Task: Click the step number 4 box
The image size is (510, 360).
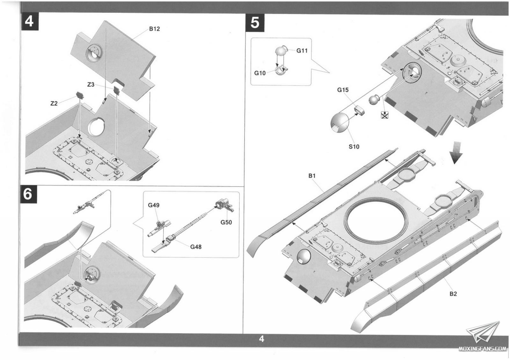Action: point(29,22)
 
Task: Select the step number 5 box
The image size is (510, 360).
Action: point(255,23)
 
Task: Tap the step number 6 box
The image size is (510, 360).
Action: point(28,194)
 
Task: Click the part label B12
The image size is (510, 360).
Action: point(154,29)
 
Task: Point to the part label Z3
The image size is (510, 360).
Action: point(91,85)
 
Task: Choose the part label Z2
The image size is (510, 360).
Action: point(54,104)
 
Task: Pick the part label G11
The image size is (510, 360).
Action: point(302,51)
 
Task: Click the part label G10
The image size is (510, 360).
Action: point(260,73)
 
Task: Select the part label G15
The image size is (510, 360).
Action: point(343,90)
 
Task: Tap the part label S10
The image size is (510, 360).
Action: point(354,147)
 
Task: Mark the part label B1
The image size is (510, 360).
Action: point(312,176)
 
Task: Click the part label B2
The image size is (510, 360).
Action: point(453,294)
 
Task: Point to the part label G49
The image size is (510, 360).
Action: point(154,205)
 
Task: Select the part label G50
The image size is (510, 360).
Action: point(226,222)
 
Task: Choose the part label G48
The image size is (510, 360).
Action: point(196,247)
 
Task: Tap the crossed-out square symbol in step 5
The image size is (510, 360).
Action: point(385,115)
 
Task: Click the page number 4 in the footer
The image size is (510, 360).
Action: point(261,339)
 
